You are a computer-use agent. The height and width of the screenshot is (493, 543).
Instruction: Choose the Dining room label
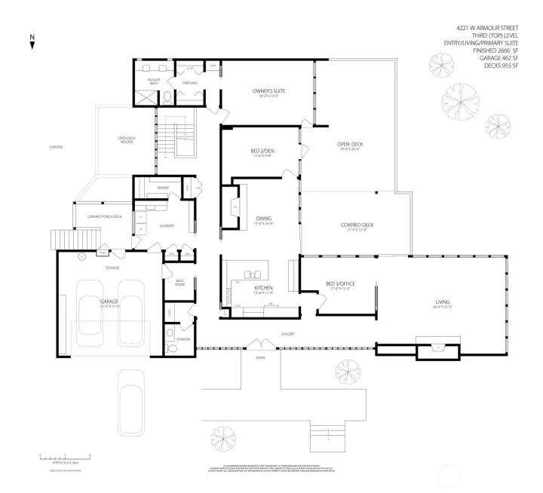pos(263,219)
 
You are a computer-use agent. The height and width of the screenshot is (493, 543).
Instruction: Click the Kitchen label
pos(263,288)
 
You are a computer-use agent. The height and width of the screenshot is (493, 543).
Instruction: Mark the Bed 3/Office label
pos(340,283)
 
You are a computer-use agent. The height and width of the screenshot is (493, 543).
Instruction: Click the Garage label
pos(109,301)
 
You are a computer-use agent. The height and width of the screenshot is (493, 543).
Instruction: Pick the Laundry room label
pos(167,225)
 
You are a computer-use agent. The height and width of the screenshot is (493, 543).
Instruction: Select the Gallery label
pos(287,334)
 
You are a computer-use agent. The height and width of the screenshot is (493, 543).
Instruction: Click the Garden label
pos(56,146)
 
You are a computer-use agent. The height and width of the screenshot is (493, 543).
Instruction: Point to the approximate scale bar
pos(64,457)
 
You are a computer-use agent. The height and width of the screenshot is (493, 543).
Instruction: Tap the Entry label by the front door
pos(261,357)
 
